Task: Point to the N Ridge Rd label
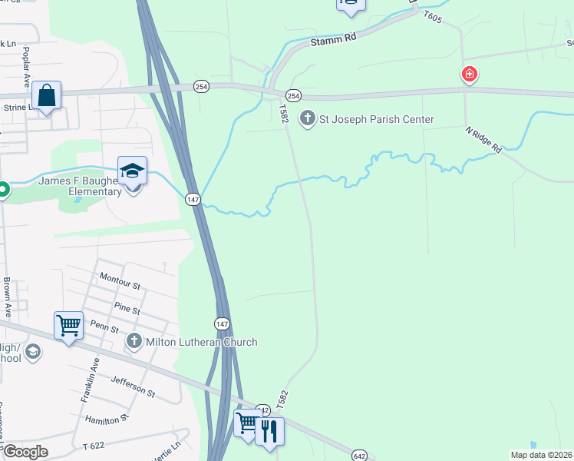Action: pyautogui.click(x=483, y=139)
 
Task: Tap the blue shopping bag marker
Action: pyautogui.click(x=47, y=96)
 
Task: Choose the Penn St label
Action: pyautogui.click(x=105, y=329)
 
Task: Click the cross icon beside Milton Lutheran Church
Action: pyautogui.click(x=134, y=341)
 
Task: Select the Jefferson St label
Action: pyautogui.click(x=133, y=386)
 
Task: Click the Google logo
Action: pyautogui.click(x=25, y=452)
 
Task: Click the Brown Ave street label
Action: pyautogui.click(x=8, y=297)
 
